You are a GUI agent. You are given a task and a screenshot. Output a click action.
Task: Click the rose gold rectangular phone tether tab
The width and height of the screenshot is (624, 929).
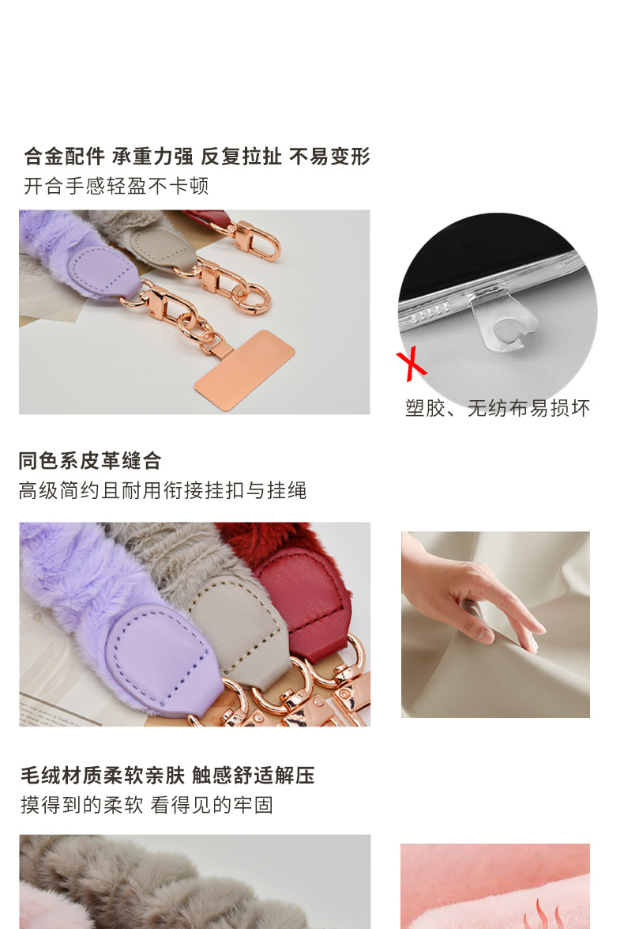[244, 370]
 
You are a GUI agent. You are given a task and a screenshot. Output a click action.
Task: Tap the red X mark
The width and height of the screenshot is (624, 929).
[411, 364]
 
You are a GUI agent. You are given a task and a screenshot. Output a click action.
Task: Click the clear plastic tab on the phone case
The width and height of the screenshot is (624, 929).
[503, 320]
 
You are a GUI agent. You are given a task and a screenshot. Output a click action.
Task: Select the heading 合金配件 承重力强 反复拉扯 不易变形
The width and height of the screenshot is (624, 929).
[197, 157]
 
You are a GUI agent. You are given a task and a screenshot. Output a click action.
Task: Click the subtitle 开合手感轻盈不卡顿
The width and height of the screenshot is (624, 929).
[116, 186]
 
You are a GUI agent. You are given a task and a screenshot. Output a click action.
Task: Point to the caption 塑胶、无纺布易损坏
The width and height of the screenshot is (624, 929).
[498, 408]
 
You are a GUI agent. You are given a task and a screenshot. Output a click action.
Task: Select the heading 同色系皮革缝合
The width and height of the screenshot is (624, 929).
[89, 460]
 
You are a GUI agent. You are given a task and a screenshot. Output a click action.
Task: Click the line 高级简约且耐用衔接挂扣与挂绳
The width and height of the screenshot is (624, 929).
[162, 490]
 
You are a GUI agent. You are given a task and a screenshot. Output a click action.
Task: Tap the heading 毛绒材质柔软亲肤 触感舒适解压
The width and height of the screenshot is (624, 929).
[167, 775]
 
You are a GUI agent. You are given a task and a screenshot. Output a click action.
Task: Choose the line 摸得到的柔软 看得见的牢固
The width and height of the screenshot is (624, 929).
[147, 805]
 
